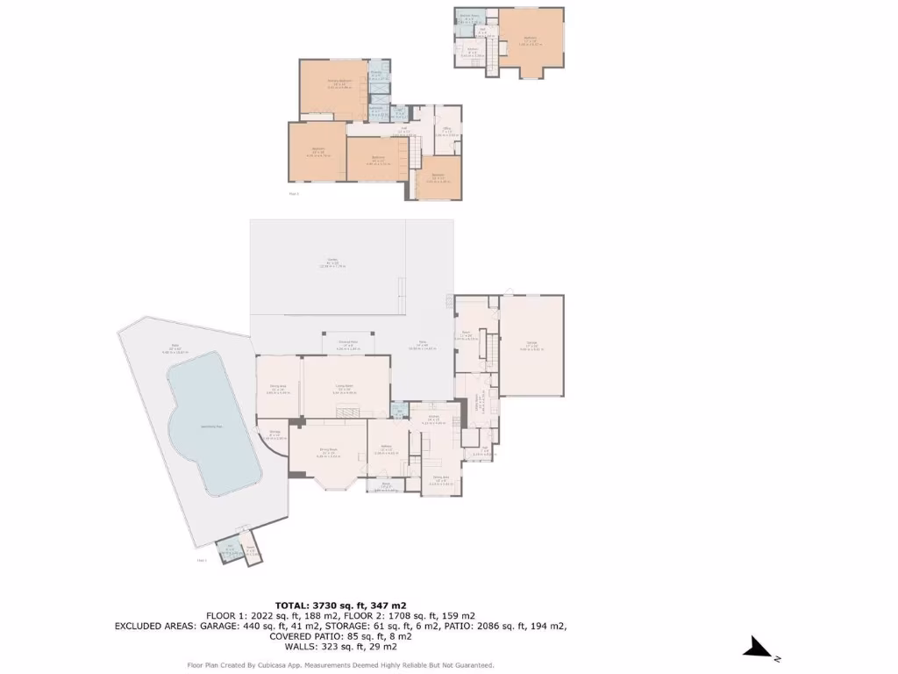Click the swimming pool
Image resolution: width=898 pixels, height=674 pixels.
pyautogui.click(x=210, y=426)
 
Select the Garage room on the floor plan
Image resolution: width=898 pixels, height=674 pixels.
pyautogui.click(x=531, y=346)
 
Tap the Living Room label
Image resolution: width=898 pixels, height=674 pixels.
pyautogui.click(x=345, y=388)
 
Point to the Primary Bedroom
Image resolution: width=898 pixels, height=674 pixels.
pyautogui.click(x=333, y=88)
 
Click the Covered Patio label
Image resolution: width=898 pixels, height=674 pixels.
pyautogui.click(x=347, y=345)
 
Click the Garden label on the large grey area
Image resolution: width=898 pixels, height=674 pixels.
pyautogui.click(x=332, y=262)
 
